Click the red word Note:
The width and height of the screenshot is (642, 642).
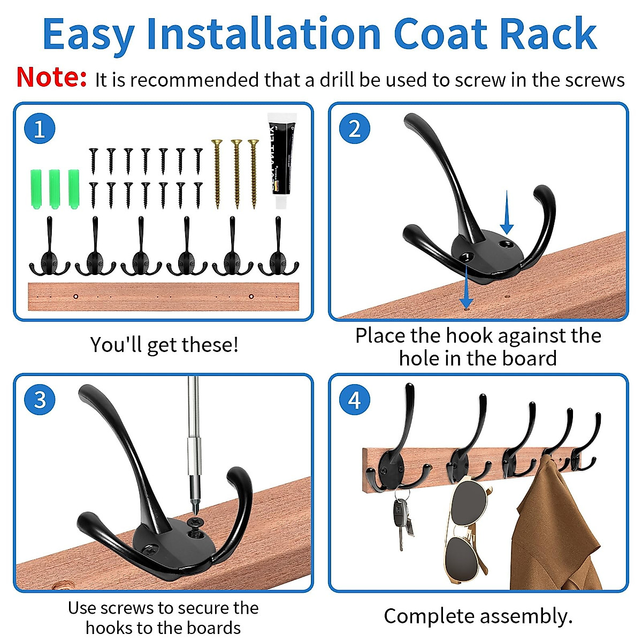tap(51, 78)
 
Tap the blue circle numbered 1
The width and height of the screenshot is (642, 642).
tap(40, 129)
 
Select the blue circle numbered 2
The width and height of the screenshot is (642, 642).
tap(355, 129)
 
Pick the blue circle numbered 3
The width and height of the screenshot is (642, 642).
tap(40, 400)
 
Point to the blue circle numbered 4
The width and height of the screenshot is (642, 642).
tap(355, 400)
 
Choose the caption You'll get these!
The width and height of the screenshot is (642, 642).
tap(164, 345)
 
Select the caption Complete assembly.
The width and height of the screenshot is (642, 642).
tap(478, 616)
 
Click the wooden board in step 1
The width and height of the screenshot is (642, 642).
tap(163, 297)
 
